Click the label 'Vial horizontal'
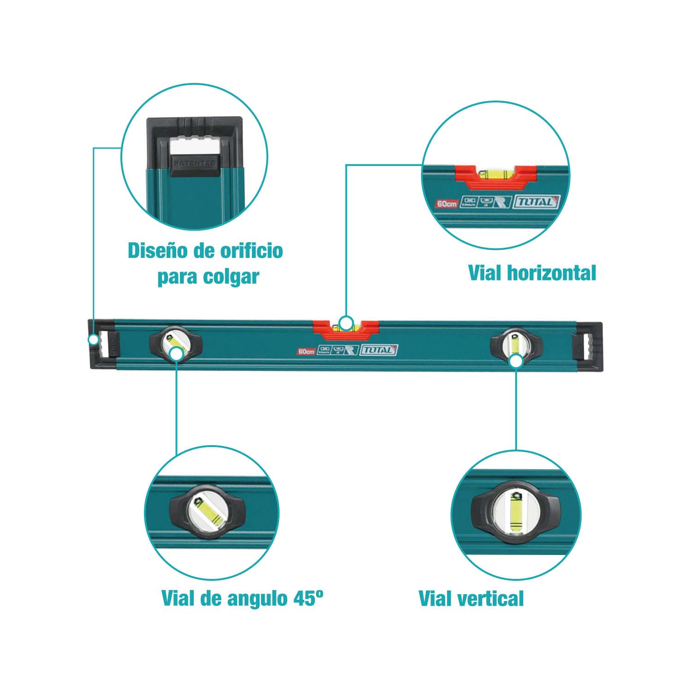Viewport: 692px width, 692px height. [x=532, y=273]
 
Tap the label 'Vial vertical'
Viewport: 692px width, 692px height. [x=471, y=598]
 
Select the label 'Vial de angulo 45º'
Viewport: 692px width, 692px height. [x=242, y=598]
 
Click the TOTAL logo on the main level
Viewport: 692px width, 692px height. [x=379, y=350]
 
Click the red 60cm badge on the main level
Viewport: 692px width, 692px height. [x=306, y=352]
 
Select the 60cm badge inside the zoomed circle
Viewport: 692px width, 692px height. [x=447, y=203]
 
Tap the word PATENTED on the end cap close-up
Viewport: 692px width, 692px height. [x=194, y=163]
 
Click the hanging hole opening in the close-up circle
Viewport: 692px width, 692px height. [x=194, y=146]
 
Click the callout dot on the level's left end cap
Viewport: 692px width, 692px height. [x=94, y=340]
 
